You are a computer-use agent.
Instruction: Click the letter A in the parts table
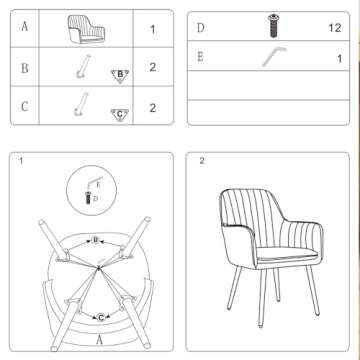[25, 26]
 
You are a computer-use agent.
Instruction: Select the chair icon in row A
[86, 29]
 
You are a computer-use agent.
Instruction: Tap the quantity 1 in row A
[153, 29]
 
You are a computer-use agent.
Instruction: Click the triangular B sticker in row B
[120, 76]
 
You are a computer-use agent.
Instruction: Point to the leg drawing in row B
[83, 66]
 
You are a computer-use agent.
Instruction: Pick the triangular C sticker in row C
[120, 114]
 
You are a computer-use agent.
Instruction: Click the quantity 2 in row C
[153, 108]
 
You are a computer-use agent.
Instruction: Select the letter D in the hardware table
[200, 28]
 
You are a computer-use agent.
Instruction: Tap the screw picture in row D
[274, 26]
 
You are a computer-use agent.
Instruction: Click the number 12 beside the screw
[335, 28]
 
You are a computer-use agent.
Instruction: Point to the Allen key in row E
[274, 57]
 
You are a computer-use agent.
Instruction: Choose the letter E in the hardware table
[200, 57]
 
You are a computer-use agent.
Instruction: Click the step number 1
[21, 161]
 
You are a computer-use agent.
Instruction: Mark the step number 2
[202, 161]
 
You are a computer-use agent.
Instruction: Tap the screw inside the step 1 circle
[89, 197]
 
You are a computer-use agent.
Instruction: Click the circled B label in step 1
[96, 239]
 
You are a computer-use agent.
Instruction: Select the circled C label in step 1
[101, 318]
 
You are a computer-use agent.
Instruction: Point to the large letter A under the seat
[99, 340]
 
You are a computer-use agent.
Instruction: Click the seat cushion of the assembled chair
[287, 254]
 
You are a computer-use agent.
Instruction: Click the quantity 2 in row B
[153, 67]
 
